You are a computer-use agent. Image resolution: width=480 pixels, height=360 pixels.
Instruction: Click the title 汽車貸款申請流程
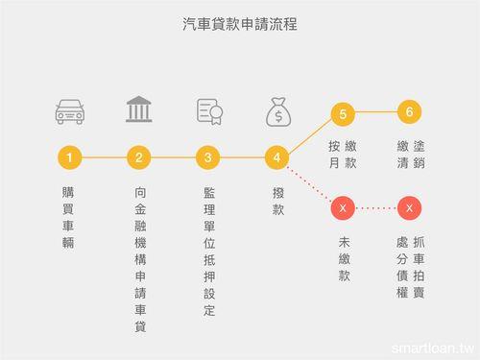(239, 22)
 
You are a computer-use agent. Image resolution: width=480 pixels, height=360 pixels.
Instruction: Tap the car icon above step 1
(68, 110)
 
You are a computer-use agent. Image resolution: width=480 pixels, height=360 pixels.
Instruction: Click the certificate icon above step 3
(208, 110)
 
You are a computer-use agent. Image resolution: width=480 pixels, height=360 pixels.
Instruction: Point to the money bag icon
(277, 111)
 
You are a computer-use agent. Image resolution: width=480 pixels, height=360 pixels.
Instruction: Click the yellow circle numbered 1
(68, 156)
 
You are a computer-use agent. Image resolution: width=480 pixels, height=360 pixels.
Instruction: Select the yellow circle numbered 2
(138, 156)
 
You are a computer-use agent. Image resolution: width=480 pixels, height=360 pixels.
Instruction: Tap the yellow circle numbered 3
(208, 156)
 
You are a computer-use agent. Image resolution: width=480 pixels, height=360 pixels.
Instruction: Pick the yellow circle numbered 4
(277, 156)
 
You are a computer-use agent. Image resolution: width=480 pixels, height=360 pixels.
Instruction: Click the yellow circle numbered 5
(342, 112)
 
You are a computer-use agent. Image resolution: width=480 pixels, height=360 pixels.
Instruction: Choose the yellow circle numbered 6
(410, 111)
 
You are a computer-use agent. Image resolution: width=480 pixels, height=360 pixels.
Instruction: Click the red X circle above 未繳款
(342, 207)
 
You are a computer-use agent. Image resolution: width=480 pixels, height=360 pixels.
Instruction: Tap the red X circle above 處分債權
(410, 207)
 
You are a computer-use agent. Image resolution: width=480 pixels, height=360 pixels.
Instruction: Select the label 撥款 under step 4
(277, 200)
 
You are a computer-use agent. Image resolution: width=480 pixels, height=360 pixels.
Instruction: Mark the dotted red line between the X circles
(376, 207)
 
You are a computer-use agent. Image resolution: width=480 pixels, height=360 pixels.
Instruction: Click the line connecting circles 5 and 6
(376, 112)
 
